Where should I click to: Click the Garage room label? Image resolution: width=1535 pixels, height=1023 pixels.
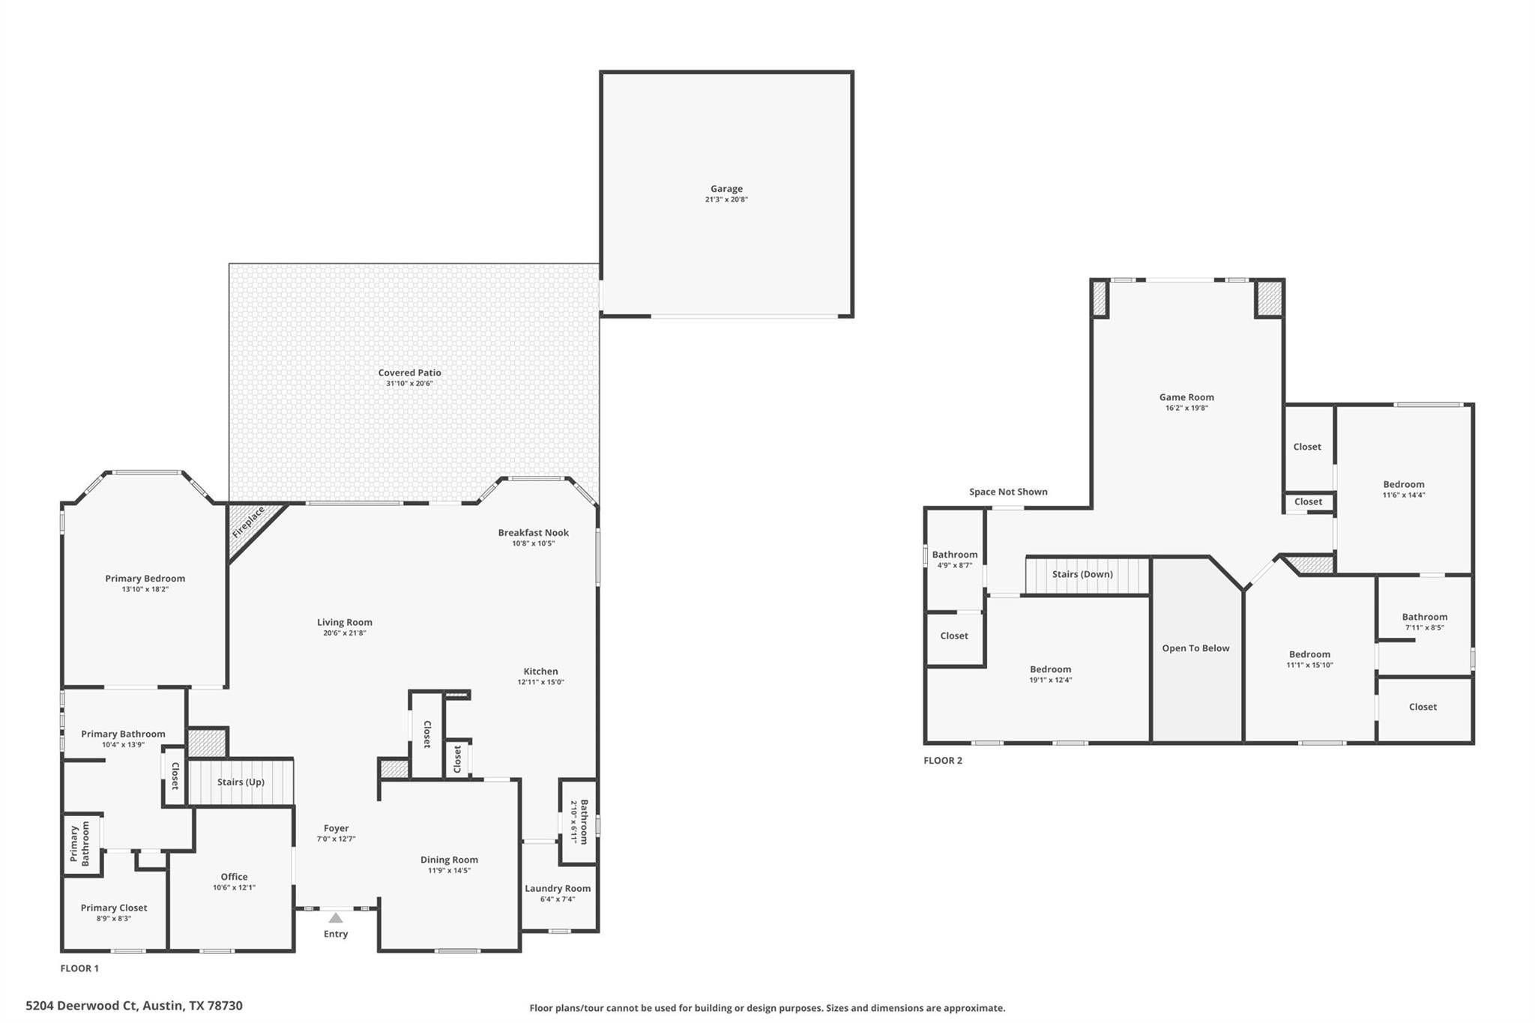[x=726, y=189]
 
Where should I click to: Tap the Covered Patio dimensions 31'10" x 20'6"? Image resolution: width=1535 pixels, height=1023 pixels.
[x=409, y=384]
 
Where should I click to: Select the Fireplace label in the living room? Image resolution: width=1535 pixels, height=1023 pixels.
[x=248, y=522]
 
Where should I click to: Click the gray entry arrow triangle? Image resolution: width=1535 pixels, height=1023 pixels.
[x=336, y=917]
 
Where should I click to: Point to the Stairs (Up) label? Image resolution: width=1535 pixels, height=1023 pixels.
[x=241, y=782]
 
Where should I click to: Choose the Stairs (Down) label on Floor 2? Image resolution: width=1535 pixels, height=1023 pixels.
[x=1082, y=574]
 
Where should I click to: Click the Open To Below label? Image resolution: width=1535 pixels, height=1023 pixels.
[x=1195, y=648]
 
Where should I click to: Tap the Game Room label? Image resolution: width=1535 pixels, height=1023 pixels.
[x=1186, y=397]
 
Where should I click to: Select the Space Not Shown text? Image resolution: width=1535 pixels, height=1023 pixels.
[x=1008, y=492]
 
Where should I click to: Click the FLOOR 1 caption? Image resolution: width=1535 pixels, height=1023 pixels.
[x=79, y=968]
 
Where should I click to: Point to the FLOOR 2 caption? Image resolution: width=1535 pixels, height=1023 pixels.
[x=943, y=760]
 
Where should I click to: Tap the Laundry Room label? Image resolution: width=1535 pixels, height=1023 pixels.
[x=558, y=888]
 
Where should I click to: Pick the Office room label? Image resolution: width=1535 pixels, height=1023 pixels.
[x=234, y=876]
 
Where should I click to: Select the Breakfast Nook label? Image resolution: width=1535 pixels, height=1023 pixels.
[x=534, y=533]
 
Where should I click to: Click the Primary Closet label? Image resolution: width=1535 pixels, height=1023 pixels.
[x=114, y=908]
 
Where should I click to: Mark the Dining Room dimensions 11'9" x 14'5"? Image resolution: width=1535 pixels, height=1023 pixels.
[x=449, y=871]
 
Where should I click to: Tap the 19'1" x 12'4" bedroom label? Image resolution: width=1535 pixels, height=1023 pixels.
[x=1051, y=681]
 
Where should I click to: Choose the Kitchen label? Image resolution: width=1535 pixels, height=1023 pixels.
[x=540, y=672]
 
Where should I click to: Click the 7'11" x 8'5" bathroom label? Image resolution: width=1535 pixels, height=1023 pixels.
[x=1424, y=628]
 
